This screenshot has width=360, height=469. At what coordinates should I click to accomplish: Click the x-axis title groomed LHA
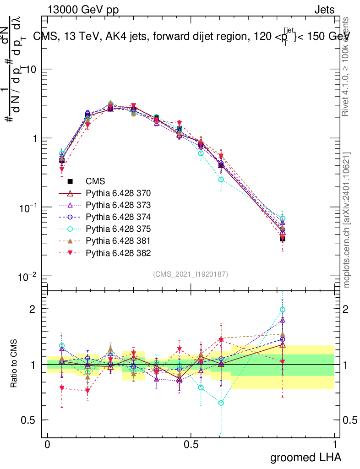tap(306, 457)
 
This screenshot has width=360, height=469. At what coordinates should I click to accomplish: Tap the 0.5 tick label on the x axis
tap(191, 444)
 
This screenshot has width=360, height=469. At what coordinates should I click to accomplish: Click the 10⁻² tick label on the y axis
tap(28, 276)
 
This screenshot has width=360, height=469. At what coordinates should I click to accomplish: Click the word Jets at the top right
tap(324, 9)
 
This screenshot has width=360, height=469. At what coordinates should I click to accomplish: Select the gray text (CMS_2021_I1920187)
tap(191, 274)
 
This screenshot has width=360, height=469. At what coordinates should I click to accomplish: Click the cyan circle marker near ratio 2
tap(283, 310)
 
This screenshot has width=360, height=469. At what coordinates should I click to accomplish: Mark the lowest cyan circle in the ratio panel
tap(221, 403)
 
